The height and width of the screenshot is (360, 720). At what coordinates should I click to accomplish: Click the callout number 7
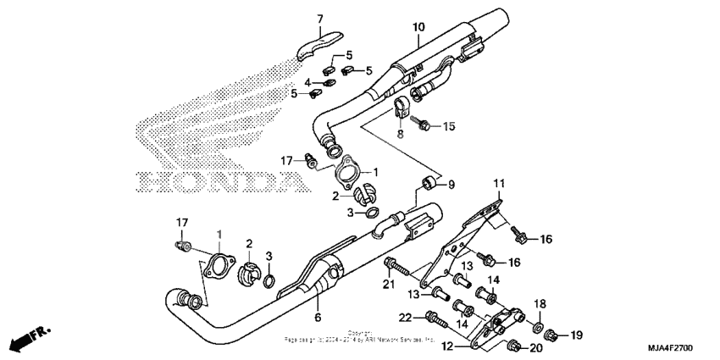(x=320, y=19)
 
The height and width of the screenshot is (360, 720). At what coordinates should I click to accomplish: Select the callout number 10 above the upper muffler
(x=418, y=28)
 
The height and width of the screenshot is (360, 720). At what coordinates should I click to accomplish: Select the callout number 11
(x=499, y=183)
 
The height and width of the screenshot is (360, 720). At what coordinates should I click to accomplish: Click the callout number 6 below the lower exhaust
(x=318, y=318)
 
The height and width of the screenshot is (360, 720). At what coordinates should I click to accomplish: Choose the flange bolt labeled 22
(x=434, y=320)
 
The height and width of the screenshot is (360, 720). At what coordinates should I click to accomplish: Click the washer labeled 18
(x=539, y=325)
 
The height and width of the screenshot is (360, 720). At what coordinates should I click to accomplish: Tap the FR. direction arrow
(x=29, y=340)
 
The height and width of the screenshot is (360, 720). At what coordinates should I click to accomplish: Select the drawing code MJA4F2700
(x=683, y=349)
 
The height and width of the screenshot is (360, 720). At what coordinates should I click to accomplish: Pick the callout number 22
(x=405, y=317)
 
